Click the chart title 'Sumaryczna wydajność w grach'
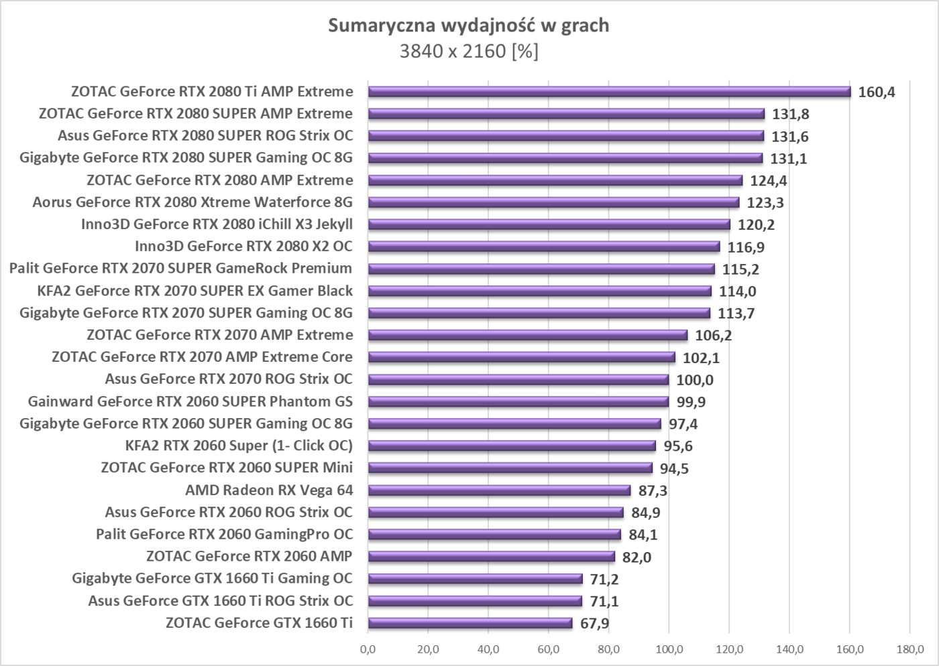point(469,25)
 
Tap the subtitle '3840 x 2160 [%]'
point(469,51)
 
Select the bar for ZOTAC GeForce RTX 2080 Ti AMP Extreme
point(609,92)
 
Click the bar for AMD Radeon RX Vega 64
point(499,490)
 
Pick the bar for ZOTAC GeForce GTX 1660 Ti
point(470,623)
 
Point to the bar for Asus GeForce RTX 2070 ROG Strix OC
point(518,380)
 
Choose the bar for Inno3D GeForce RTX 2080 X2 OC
point(544,247)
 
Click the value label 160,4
point(877,92)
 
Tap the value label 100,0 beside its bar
point(695,380)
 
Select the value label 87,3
point(653,490)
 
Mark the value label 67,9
point(595,623)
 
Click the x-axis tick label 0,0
point(368,649)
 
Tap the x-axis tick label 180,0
point(909,649)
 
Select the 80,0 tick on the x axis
point(608,649)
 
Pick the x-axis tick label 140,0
point(789,649)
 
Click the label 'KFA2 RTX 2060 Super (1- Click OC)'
point(239,446)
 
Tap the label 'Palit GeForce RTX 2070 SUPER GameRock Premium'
point(180,269)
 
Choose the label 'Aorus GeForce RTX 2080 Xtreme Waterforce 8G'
point(192,202)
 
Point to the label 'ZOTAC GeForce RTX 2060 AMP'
point(249,556)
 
